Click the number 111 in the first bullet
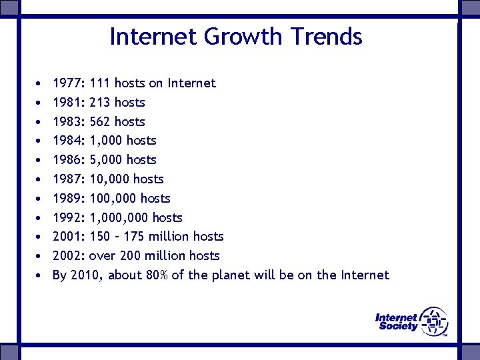pyautogui.click(x=100, y=83)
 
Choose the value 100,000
pyautogui.click(x=113, y=199)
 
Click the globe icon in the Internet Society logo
pyautogui.click(x=434, y=321)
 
